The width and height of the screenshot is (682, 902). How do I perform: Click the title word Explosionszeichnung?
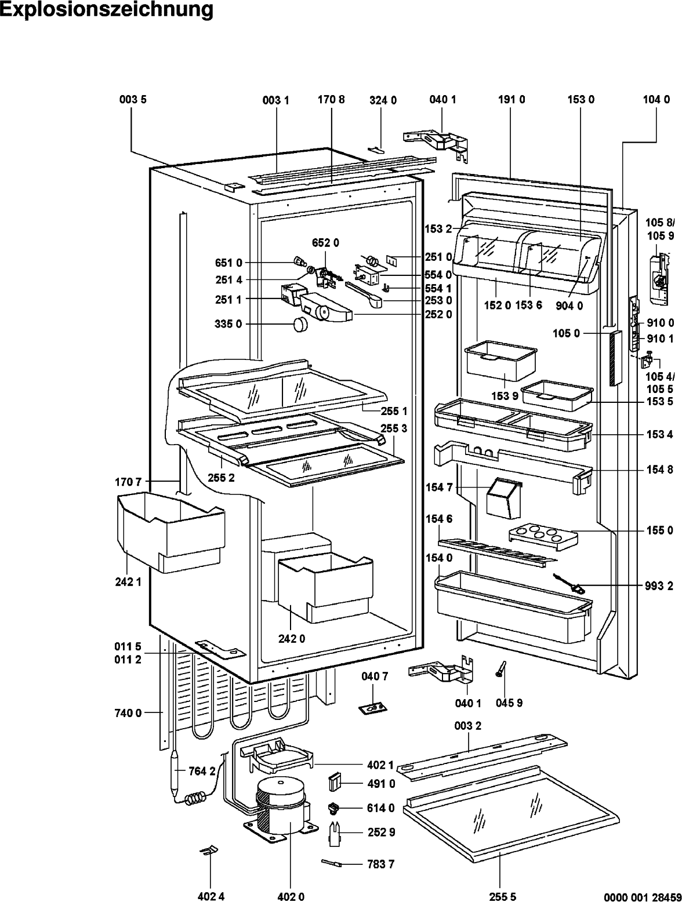107,9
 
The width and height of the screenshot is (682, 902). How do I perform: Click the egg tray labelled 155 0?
543,537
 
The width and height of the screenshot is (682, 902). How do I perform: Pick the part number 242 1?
128,582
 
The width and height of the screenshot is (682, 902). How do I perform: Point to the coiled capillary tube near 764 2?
195,798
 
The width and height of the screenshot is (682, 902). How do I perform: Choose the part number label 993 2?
659,586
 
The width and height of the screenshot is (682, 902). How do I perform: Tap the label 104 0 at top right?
656,100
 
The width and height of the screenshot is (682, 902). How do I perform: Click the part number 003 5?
133,100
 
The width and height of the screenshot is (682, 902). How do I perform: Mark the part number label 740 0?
128,712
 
